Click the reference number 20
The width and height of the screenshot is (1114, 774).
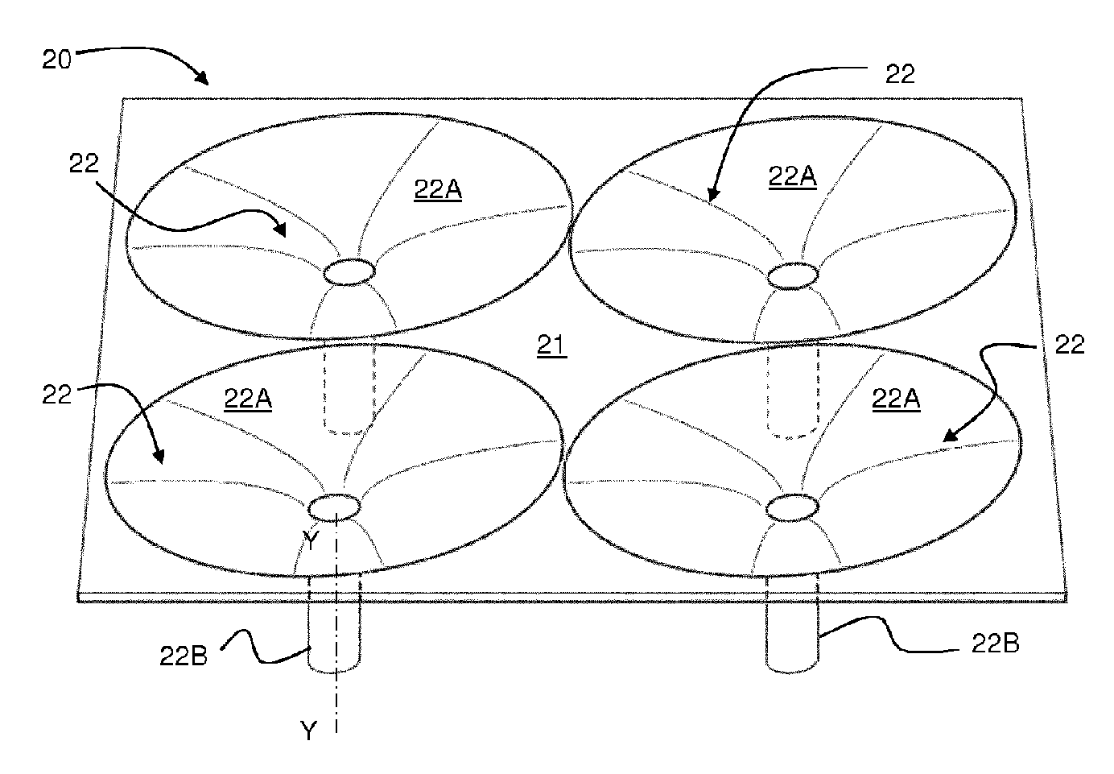coord(56,60)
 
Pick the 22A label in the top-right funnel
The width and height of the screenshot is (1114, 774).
coord(793,176)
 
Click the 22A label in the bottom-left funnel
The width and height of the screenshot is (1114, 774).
coord(248,398)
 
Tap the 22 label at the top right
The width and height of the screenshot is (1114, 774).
coord(900,74)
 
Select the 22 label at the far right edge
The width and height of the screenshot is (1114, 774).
coord(1070,345)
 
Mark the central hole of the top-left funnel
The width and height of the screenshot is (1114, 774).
coord(349,273)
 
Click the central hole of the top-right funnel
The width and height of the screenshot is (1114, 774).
coord(794,276)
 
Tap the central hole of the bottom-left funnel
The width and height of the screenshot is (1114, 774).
coord(334,508)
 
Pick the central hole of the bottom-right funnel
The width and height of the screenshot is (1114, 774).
coord(794,508)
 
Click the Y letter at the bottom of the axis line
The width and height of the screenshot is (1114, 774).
coord(308,731)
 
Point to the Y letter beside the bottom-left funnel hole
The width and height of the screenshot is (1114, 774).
coord(312,541)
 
